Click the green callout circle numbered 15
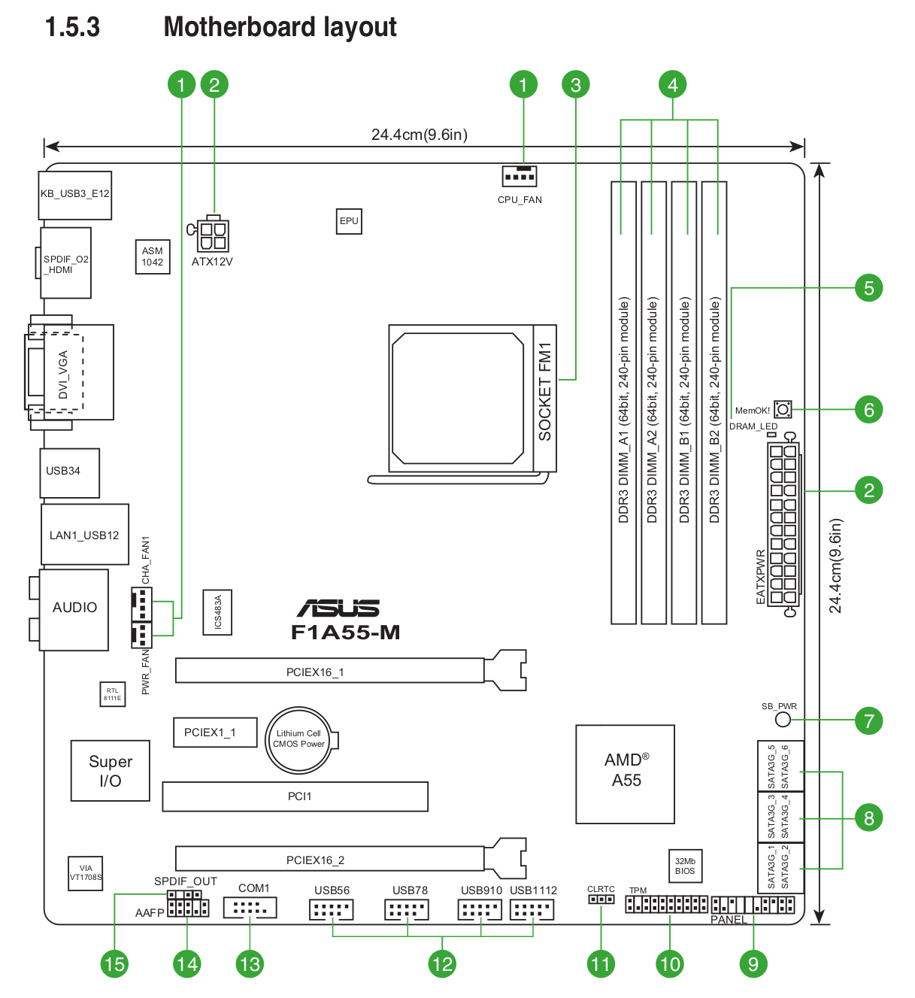point(114,964)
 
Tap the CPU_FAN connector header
point(520,176)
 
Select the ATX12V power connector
point(213,235)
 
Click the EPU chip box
point(349,221)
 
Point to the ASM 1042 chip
point(153,257)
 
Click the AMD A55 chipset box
point(626,774)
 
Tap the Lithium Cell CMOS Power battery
point(299,740)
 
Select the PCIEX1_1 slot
point(215,733)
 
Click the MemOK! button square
point(783,410)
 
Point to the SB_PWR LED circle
point(783,720)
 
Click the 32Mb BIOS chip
point(685,866)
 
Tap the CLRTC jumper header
point(601,899)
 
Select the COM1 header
point(250,909)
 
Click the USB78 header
point(407,910)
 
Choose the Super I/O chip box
point(111,771)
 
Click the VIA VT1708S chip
point(86,873)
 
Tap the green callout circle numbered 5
point(868,288)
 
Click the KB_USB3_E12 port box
point(75,195)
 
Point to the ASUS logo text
point(338,608)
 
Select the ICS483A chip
point(218,612)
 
